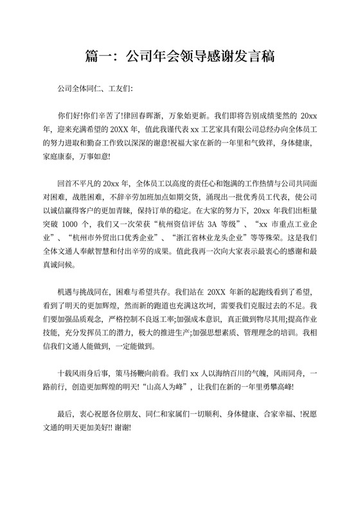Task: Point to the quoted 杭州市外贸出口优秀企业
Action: [x=100, y=237]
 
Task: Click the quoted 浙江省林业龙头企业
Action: [x=204, y=237]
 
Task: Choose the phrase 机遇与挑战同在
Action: [x=84, y=291]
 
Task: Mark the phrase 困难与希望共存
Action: [x=151, y=291]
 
